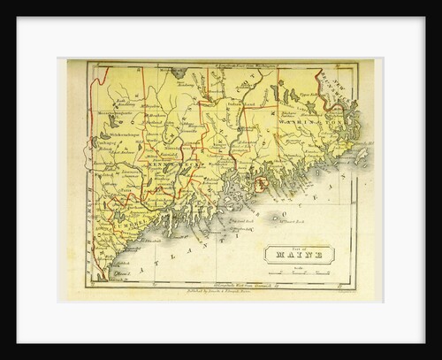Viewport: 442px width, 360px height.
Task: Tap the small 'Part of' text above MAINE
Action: (x=298, y=247)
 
